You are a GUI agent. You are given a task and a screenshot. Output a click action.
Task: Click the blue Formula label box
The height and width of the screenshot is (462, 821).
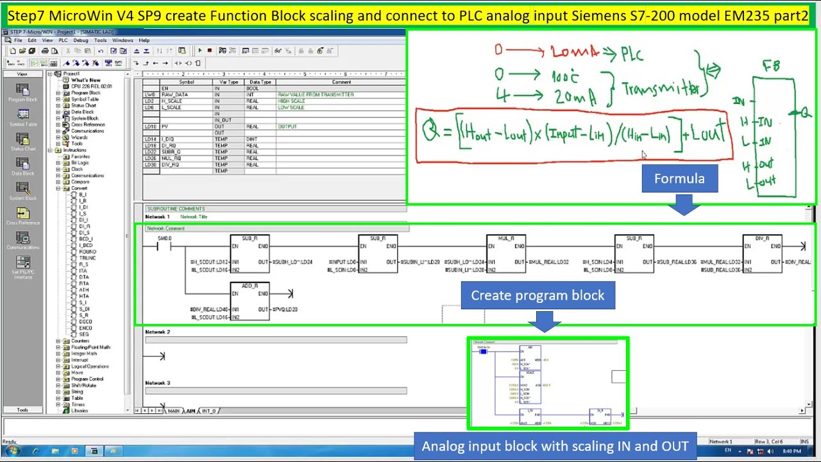(679, 178)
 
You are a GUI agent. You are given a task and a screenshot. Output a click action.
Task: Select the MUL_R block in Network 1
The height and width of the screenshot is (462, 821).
(505, 254)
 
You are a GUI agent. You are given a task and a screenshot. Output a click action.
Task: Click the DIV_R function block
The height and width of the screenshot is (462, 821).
(762, 254)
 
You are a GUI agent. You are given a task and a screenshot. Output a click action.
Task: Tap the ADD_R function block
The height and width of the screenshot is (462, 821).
(250, 301)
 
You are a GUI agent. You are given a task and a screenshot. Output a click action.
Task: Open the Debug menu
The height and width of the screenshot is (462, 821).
(81, 40)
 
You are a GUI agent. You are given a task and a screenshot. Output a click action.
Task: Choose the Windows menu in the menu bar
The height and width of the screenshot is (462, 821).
(123, 40)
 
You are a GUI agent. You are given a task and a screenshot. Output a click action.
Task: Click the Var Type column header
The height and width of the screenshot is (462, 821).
(228, 82)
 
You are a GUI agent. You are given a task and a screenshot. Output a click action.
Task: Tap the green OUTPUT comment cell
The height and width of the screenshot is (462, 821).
(287, 126)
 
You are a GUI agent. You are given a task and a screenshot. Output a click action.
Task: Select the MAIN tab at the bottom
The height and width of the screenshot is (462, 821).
(173, 411)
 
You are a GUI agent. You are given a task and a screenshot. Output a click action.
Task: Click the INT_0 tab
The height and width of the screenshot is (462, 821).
(209, 411)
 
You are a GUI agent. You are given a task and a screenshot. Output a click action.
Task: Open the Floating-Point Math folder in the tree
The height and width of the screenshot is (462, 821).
(90, 347)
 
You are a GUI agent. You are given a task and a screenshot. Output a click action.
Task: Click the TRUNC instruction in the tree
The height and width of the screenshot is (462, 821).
(87, 258)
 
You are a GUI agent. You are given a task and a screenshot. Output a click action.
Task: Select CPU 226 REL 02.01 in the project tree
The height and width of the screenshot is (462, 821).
(92, 86)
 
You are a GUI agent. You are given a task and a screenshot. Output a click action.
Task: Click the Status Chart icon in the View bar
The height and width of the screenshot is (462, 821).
(22, 142)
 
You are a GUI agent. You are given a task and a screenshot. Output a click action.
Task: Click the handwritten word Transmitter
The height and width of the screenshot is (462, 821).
(660, 90)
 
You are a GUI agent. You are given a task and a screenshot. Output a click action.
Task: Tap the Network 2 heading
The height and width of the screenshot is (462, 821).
(158, 332)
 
